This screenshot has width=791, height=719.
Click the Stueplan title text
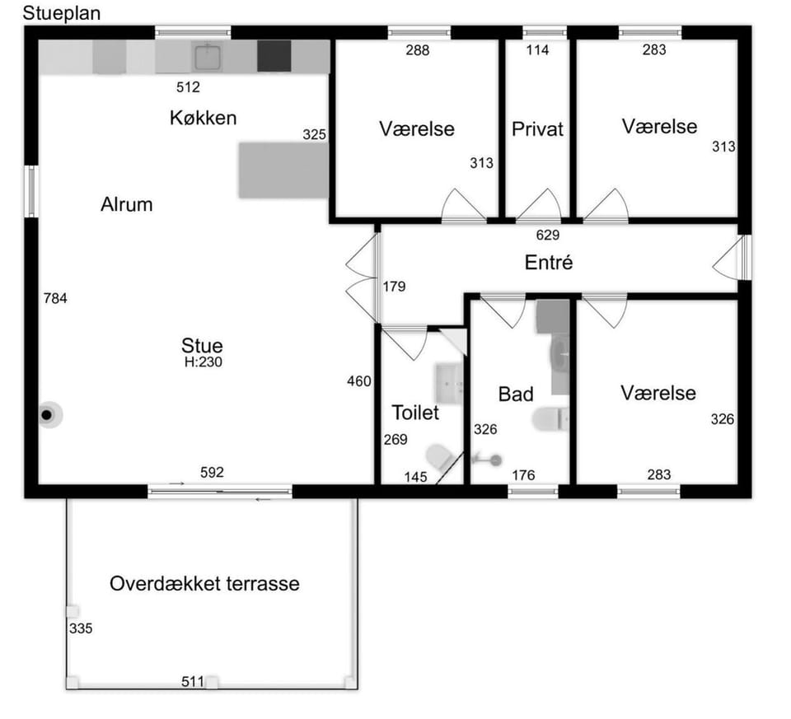(62, 14)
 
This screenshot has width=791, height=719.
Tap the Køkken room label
(204, 118)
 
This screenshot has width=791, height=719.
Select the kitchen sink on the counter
(208, 57)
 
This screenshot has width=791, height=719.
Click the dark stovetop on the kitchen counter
(274, 56)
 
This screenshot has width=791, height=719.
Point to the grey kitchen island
(283, 170)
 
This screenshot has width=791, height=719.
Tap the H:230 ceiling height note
(204, 362)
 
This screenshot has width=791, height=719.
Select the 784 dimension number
(55, 298)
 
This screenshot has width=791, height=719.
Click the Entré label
(549, 263)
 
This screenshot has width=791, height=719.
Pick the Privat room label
(537, 129)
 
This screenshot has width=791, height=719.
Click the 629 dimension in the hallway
(548, 235)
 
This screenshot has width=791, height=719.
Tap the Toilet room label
(415, 413)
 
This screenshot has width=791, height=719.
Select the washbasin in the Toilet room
(448, 383)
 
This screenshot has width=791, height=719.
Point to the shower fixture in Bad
(486, 460)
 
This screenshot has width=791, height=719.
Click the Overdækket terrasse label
(205, 584)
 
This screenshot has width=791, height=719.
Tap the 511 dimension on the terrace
(193, 682)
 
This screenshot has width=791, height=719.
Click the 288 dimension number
(418, 50)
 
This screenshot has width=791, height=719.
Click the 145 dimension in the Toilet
(415, 477)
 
